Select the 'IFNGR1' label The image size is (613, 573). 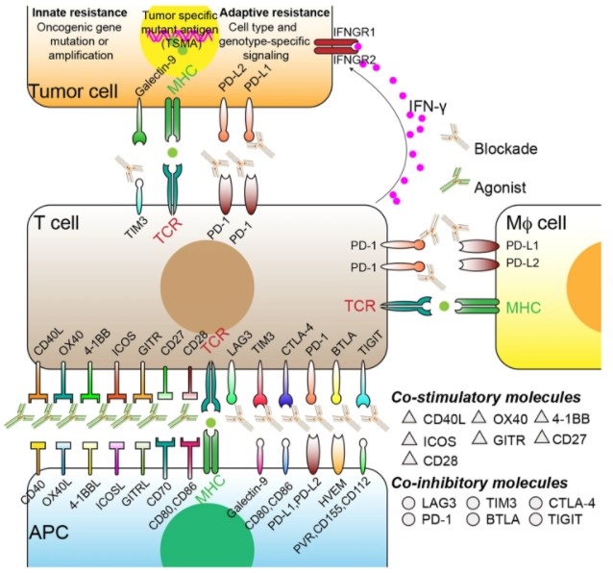tap(355, 34)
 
